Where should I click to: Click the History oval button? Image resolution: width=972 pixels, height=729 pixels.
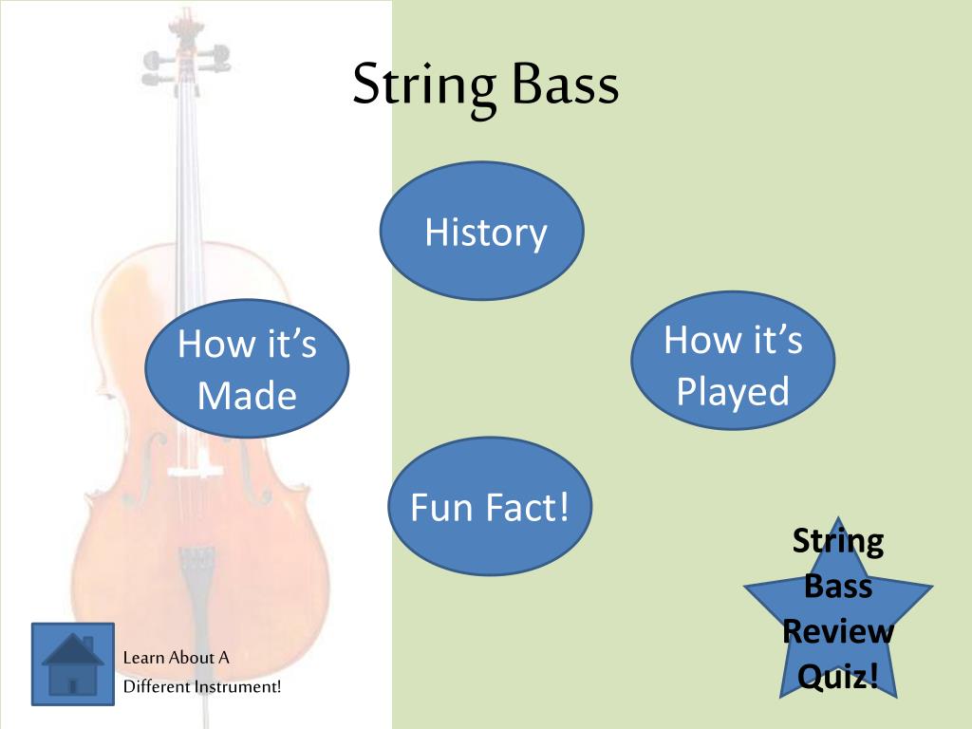pyautogui.click(x=482, y=231)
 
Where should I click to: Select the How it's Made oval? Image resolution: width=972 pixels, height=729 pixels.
pyautogui.click(x=247, y=369)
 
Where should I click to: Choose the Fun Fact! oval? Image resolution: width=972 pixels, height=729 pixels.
pyautogui.click(x=490, y=506)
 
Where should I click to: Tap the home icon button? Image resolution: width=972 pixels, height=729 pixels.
pyautogui.click(x=73, y=664)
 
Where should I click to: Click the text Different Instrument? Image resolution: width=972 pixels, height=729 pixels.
pyautogui.click(x=203, y=686)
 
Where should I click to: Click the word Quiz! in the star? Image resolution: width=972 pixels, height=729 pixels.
pyautogui.click(x=837, y=677)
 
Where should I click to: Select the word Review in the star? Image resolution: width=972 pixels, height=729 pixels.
pyautogui.click(x=838, y=631)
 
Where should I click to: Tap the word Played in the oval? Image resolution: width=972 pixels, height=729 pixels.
pyautogui.click(x=733, y=391)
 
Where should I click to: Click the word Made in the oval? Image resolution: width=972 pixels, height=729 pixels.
pyautogui.click(x=247, y=396)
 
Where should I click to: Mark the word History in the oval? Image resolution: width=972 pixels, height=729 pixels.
pyautogui.click(x=486, y=232)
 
